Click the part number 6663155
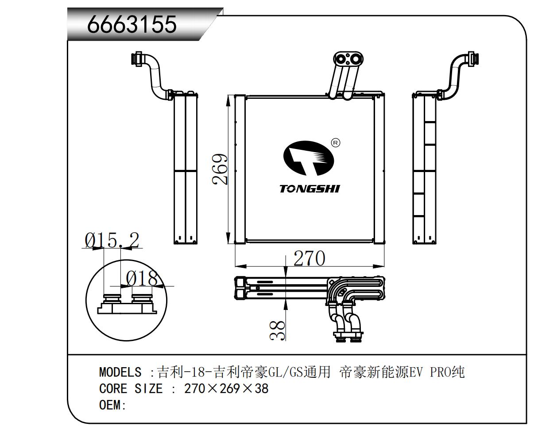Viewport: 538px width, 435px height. point(132,24)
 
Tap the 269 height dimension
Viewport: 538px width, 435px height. point(220,169)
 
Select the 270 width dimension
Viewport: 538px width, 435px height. point(309,258)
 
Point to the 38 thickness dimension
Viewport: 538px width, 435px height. point(278,330)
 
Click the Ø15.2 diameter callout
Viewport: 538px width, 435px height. point(112,240)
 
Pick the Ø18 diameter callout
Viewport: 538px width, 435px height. point(141,279)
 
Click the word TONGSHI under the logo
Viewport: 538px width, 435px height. point(310,189)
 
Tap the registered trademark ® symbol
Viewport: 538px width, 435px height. point(336,143)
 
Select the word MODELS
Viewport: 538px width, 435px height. point(120,372)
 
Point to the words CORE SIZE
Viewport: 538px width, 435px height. point(131,389)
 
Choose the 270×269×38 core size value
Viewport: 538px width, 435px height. point(226,389)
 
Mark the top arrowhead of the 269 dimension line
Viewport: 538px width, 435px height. point(228,99)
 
